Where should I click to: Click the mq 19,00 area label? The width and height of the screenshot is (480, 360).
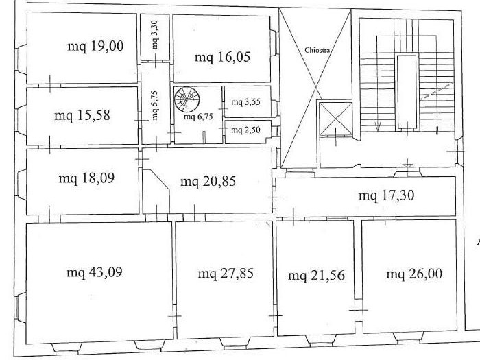click(x=95, y=47)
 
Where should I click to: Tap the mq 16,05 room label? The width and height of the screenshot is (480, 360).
click(x=223, y=57)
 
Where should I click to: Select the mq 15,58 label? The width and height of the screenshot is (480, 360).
click(x=82, y=116)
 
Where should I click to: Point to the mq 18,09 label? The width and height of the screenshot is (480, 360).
click(x=86, y=178)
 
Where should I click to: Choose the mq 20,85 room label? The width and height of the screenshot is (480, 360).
click(x=208, y=181)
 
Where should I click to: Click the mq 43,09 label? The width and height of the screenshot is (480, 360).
click(x=95, y=272)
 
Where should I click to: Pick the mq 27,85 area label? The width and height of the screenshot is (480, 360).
click(x=226, y=274)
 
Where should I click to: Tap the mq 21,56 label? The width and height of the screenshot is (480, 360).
click(x=317, y=275)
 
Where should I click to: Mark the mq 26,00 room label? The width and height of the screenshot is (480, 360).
click(x=414, y=274)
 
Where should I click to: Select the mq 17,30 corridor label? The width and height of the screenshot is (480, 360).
click(x=386, y=195)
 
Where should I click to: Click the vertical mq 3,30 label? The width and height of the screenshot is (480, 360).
click(x=155, y=34)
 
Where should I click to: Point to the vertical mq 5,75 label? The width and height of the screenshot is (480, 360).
click(x=155, y=105)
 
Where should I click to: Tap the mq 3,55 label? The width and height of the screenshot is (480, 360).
click(x=245, y=102)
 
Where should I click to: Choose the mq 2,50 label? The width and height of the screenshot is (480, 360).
click(x=245, y=130)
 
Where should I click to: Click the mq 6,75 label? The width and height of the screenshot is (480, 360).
click(x=198, y=117)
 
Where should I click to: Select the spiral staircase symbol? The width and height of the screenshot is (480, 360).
click(x=187, y=99)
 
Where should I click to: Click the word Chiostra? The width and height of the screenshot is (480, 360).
click(x=317, y=50)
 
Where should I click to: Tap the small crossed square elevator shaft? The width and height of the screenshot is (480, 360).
click(x=336, y=119)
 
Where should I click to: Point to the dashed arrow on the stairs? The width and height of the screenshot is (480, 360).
click(x=437, y=91)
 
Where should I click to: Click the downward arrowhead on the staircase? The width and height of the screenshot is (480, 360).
click(x=378, y=126)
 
